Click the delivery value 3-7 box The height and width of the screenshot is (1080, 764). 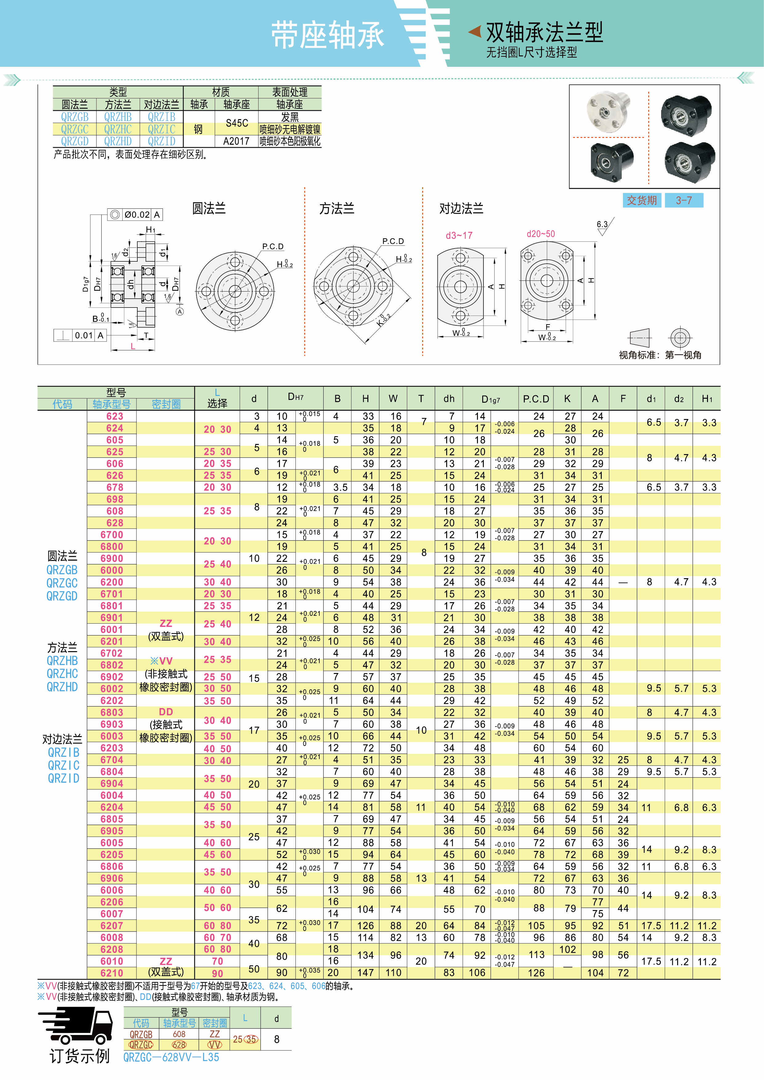[684, 200]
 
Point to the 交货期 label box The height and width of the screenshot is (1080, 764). [642, 200]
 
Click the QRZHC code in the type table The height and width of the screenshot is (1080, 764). [118, 129]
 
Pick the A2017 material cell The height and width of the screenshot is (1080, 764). [236, 141]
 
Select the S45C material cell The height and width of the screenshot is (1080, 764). [236, 123]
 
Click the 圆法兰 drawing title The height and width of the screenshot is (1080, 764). [209, 208]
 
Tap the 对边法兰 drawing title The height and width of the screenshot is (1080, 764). [461, 208]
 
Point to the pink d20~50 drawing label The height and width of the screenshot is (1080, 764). [540, 234]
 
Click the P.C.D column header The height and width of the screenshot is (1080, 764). [536, 399]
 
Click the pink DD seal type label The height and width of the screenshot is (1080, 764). [166, 712]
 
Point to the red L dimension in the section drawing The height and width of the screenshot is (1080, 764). [133, 346]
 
